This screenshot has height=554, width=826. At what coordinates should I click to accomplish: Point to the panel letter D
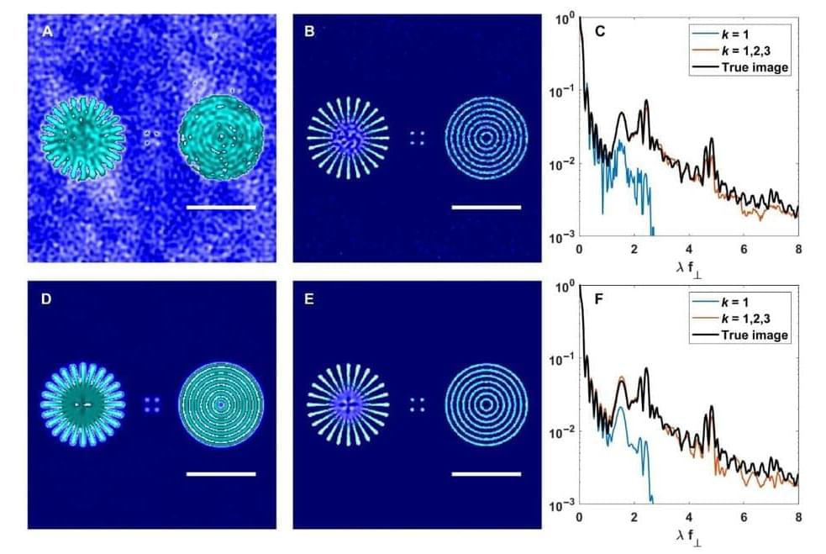(48, 298)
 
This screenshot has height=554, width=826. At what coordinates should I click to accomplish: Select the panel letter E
(309, 298)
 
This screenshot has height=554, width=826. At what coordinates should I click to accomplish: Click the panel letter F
(599, 298)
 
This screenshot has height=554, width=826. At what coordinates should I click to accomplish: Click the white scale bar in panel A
(220, 206)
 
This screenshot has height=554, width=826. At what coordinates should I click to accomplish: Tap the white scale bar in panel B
(486, 206)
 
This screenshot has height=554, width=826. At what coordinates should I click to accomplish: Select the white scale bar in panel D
(220, 473)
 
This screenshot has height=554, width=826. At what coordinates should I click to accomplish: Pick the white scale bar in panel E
(486, 473)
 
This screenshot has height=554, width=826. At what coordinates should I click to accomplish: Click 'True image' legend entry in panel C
(755, 68)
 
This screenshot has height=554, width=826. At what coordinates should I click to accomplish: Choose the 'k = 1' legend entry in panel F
(743, 303)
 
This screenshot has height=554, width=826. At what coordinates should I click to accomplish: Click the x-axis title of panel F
(688, 535)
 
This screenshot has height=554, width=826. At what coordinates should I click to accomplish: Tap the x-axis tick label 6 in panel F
(744, 518)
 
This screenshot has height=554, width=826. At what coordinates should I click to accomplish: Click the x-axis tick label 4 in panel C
(689, 251)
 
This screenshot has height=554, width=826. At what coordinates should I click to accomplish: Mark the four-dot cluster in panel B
(417, 138)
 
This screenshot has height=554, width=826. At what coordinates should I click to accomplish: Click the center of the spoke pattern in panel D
(83, 404)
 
